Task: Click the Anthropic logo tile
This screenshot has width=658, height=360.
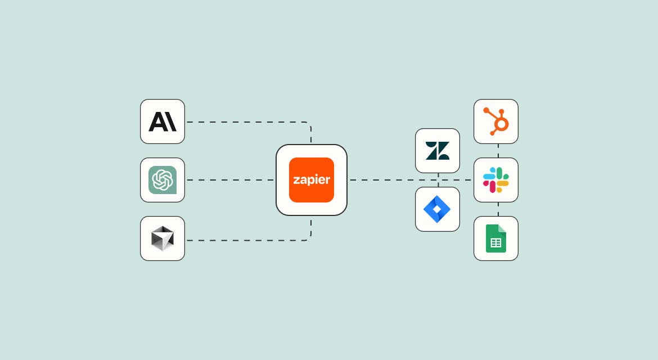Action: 163,121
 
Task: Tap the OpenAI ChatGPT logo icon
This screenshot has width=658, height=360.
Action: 163,180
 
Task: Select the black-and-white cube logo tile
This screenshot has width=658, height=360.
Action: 163,238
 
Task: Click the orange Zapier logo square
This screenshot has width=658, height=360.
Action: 312,180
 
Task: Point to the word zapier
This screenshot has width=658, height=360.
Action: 312,180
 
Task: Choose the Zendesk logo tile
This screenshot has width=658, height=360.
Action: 438,151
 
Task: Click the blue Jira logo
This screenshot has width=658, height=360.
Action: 437,209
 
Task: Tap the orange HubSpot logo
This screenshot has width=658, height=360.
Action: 496,121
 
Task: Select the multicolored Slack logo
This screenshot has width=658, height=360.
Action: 496,180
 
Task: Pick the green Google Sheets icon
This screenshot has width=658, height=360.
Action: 496,238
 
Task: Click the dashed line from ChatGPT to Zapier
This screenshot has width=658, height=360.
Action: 231,180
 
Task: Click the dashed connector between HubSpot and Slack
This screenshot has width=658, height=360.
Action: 498,151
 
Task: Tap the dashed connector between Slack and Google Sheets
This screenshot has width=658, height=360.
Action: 498,209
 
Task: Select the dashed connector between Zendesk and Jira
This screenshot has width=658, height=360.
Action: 438,180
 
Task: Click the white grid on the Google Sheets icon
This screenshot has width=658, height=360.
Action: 496,243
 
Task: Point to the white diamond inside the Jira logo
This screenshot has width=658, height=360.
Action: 437,209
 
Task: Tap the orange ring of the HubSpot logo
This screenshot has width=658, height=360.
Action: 501,124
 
